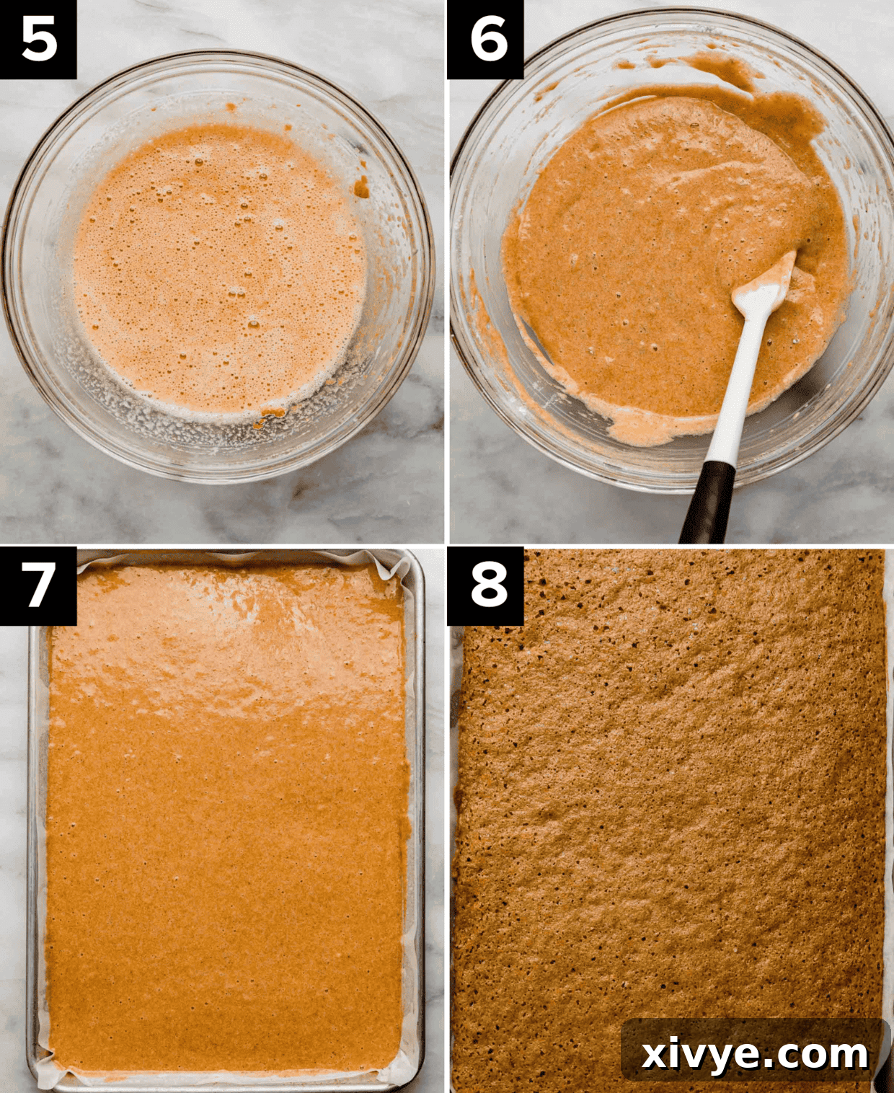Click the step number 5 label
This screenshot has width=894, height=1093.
click(38, 39)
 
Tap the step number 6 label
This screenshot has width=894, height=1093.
click(485, 39)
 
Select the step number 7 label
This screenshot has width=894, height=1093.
click(38, 585)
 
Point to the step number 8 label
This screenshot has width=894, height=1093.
click(485, 585)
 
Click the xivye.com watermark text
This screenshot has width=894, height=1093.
click(754, 1054)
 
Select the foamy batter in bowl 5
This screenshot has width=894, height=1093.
click(216, 267)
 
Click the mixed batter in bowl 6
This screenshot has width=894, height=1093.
click(649, 252)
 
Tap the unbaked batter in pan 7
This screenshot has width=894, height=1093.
click(223, 865)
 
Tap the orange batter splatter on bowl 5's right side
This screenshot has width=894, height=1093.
click(361, 189)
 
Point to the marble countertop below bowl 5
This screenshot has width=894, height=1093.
click(216, 512)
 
